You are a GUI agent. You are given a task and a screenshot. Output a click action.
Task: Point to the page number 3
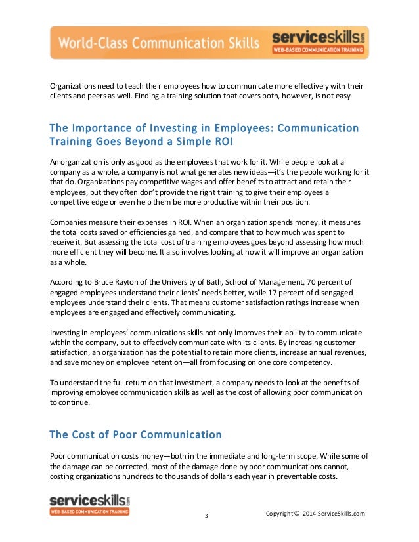click(206, 516)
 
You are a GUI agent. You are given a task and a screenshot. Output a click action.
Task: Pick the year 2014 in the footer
click(312, 514)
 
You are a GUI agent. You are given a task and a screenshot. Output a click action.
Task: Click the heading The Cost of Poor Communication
click(135, 434)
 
